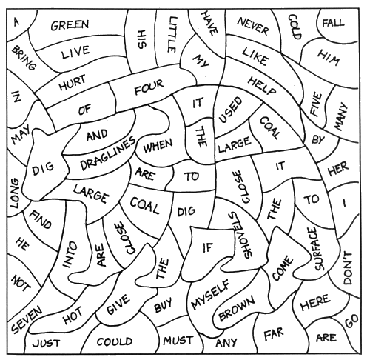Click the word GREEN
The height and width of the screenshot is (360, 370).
tap(70, 25)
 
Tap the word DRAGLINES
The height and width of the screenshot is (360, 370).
tap(108, 153)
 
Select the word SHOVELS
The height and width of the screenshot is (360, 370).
tap(238, 235)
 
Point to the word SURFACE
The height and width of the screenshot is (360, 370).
tap(317, 249)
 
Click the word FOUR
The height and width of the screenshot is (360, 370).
tap(149, 87)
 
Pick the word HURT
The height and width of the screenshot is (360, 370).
tap(73, 82)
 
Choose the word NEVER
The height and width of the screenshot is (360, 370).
tap(253, 27)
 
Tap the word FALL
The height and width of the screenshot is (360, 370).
tap(333, 23)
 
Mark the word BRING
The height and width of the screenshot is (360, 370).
tap(24, 58)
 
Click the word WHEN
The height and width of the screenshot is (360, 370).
tap(158, 146)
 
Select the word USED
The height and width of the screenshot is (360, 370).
tap(230, 110)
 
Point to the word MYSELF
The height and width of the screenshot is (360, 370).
tap(211, 294)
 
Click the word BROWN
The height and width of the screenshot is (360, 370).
tap(236, 308)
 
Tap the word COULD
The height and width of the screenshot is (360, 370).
tap(115, 341)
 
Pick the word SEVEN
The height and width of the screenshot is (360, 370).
tap(27, 319)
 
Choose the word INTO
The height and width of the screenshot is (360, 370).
tap(70, 254)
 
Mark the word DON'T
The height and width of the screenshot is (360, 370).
tap(347, 268)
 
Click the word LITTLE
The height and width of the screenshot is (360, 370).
tap(172, 34)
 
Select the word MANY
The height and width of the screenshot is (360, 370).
tap(341, 116)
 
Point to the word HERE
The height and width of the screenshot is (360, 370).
tap(315, 302)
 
